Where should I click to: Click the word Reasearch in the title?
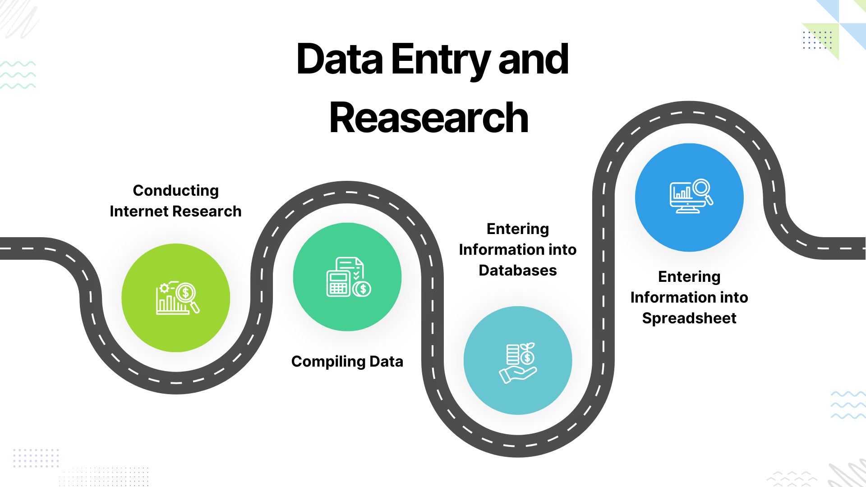pyautogui.click(x=428, y=118)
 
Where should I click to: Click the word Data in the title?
pyautogui.click(x=340, y=60)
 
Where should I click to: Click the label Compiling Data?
pyautogui.click(x=347, y=362)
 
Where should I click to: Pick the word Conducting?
pyautogui.click(x=175, y=191)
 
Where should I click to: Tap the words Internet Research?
pyautogui.click(x=175, y=211)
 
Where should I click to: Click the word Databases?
pyautogui.click(x=517, y=271)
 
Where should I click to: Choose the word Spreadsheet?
pyautogui.click(x=689, y=318)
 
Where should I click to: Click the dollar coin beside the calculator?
pyautogui.click(x=362, y=289)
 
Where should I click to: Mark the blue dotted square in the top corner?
pyautogui.click(x=817, y=40)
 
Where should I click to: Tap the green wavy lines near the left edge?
pyautogui.click(x=18, y=75)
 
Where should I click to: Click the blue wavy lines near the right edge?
pyautogui.click(x=848, y=405)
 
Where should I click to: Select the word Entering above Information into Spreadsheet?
pyautogui.click(x=689, y=277)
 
